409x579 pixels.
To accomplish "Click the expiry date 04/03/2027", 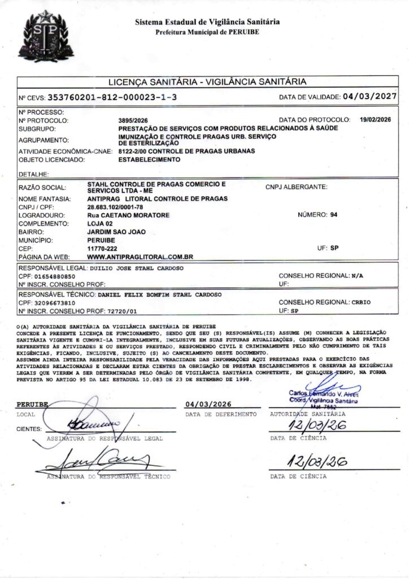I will [x=369, y=97].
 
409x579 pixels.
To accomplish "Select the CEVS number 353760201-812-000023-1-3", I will [x=113, y=97].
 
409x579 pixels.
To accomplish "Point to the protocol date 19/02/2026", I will [x=375, y=120].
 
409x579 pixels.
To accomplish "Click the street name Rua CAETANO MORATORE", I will [x=129, y=215].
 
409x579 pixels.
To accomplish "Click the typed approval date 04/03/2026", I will [x=209, y=404].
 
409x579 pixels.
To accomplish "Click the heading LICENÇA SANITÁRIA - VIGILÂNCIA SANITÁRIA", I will [x=207, y=81].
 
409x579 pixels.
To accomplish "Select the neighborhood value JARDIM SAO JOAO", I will [x=114, y=232].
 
